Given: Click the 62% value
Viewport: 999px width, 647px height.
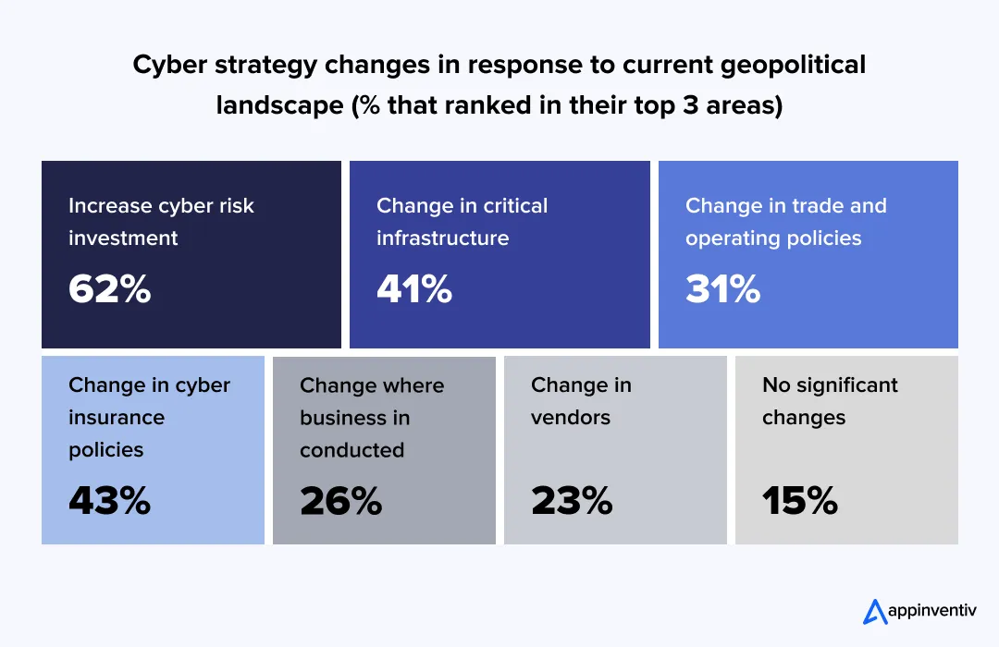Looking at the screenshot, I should point(109,289).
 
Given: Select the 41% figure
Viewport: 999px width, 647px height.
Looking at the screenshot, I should point(413,289).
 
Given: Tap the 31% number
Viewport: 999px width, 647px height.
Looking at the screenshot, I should point(722,289).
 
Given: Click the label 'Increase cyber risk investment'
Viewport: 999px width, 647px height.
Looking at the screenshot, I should point(161,222).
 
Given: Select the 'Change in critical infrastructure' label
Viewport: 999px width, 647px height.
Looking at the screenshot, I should point(462,222).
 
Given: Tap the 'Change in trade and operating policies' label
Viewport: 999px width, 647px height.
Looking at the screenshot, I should point(785,222).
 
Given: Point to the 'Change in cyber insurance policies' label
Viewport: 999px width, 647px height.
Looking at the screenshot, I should point(149,417).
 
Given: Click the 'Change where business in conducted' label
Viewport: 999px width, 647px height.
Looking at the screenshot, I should point(372,417).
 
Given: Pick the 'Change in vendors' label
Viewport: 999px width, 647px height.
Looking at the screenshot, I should point(581,400).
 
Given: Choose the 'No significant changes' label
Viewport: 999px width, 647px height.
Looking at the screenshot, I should point(830,400).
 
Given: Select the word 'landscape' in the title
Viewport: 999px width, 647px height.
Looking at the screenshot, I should point(278,105).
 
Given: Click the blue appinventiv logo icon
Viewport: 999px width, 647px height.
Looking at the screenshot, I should point(874,611).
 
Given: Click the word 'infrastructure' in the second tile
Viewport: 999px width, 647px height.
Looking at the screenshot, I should point(442,238).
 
